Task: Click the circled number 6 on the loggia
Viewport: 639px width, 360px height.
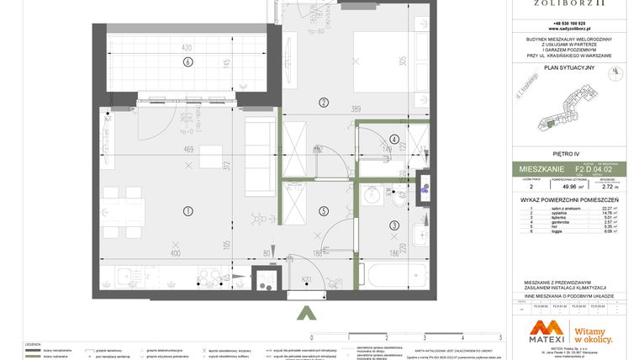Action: [x=188, y=61]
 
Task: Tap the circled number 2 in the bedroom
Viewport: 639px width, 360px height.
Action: [x=324, y=103]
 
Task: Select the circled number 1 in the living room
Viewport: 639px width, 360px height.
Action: [x=188, y=210]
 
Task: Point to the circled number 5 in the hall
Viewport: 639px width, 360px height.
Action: [x=324, y=210]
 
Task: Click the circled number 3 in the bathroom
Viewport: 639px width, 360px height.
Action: [x=394, y=225]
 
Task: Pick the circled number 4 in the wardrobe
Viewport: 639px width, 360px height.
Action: [x=394, y=140]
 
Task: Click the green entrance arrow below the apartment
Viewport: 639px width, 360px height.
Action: [x=307, y=313]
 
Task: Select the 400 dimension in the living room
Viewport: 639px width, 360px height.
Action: [x=175, y=253]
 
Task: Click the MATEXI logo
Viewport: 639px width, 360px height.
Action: [x=547, y=333]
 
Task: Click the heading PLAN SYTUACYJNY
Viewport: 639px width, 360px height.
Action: [x=569, y=67]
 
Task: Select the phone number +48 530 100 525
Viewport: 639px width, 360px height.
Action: [x=569, y=23]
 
